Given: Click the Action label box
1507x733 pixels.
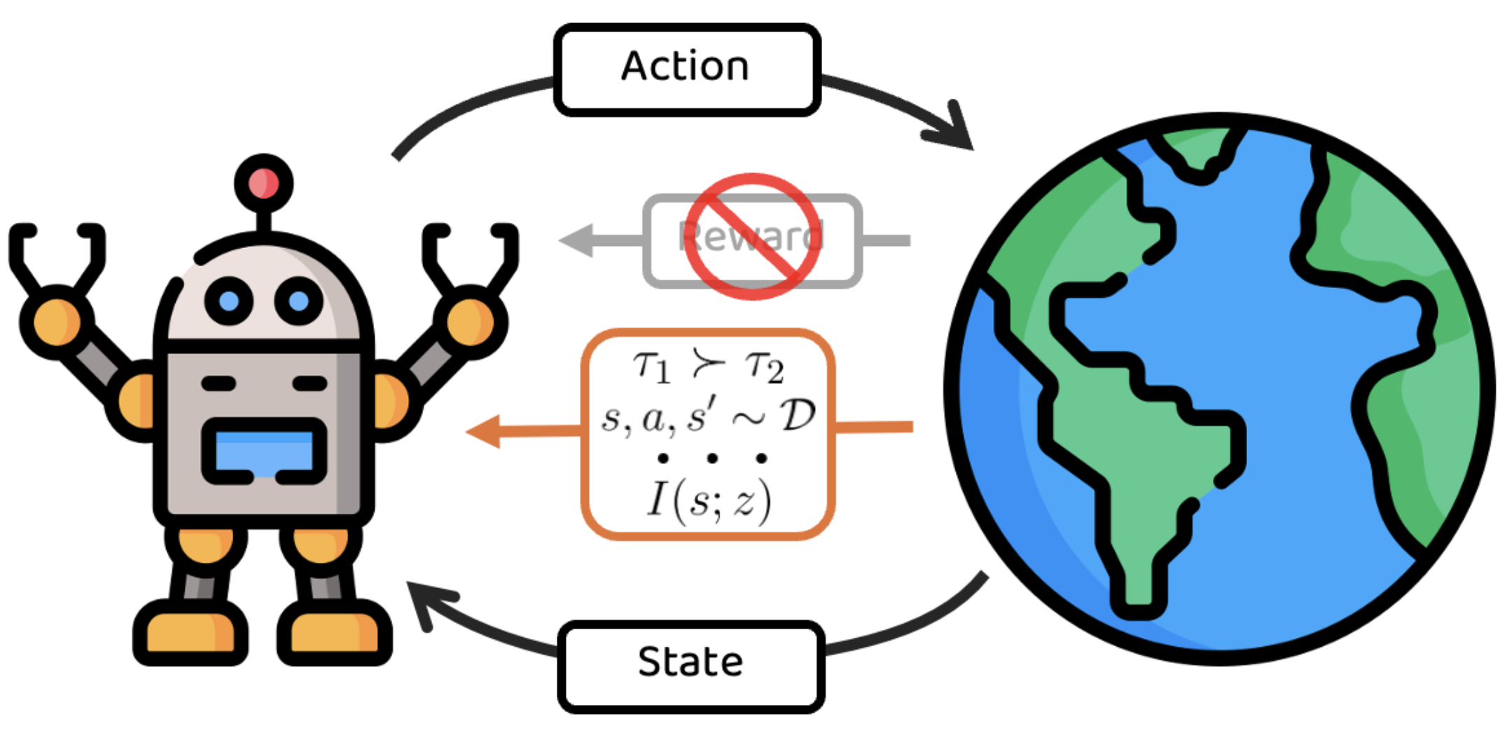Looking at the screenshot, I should coord(686,69).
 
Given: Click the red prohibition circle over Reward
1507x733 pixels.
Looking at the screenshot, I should coord(752,237).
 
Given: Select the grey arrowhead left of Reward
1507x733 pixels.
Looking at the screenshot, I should coord(578,240).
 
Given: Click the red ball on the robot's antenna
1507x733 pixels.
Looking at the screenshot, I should coord(263,184).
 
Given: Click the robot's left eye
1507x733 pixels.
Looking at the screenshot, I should coord(228,301).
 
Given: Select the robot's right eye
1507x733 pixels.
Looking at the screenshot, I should coord(298,301).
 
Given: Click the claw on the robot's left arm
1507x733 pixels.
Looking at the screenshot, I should coord(56,252).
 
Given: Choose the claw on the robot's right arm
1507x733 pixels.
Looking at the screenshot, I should coord(471,252).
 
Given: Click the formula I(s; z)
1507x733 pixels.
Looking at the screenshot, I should coord(709,500).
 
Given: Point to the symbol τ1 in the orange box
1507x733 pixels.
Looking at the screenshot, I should coord(651,366).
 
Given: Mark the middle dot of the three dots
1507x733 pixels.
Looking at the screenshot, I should coord(711,458).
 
